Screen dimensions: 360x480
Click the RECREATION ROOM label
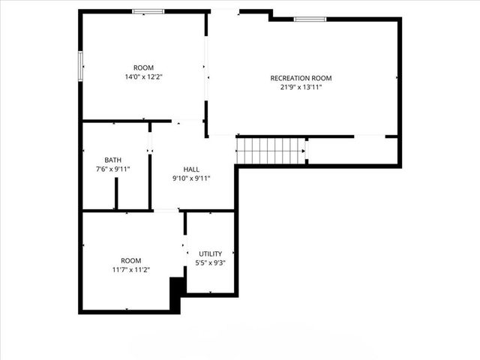301,78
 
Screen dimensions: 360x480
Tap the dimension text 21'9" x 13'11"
301,88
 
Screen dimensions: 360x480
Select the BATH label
112,160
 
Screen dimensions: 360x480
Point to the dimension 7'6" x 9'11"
112,169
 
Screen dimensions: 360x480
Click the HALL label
191,169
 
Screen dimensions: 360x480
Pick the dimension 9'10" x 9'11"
191,178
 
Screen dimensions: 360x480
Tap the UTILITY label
210,253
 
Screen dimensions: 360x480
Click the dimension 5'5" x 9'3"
210,263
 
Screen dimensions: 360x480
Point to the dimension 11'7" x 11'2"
130,270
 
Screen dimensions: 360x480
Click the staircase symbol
271,150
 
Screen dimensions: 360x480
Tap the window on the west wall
80,64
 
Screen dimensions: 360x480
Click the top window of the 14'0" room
148,11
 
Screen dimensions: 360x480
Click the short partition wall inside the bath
116,193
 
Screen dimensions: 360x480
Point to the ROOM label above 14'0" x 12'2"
143,67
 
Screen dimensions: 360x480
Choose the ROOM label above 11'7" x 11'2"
130,260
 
